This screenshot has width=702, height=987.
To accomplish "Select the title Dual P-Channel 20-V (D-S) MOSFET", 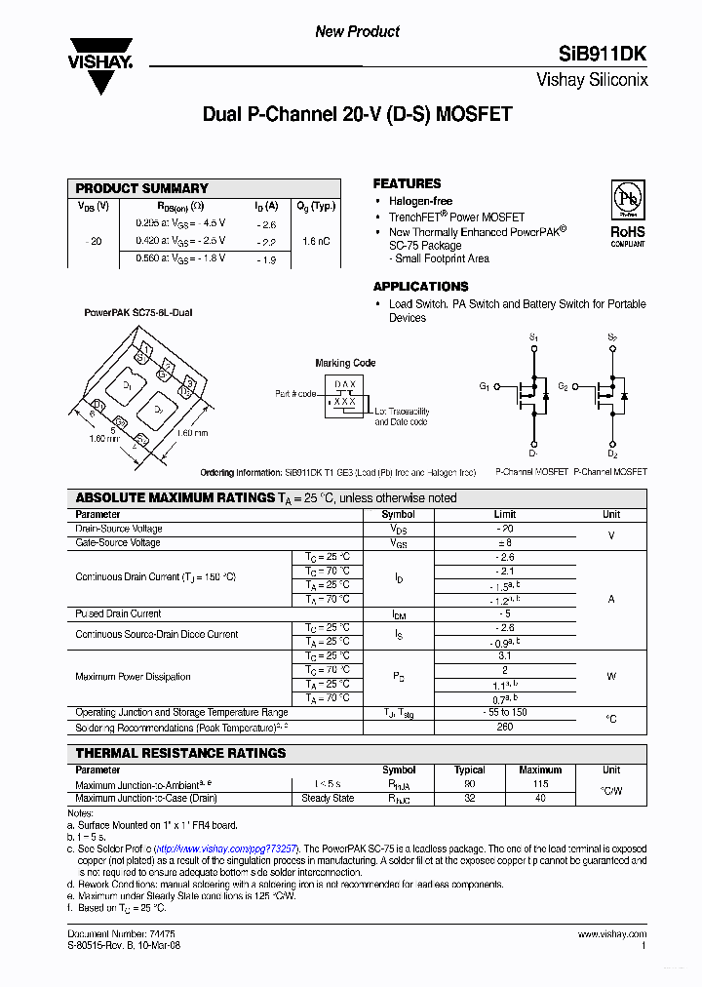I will [x=357, y=114].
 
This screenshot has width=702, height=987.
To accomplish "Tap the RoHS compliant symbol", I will [x=627, y=214].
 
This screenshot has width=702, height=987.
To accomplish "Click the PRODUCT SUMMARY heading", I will [x=142, y=188].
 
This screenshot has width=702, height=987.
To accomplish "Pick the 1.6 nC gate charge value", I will [x=315, y=240].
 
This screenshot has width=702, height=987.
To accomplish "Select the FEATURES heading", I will [x=407, y=183].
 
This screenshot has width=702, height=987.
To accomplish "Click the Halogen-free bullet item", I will [x=420, y=201].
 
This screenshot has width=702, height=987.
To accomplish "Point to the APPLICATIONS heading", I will [x=420, y=287].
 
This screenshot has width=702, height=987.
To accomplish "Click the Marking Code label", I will [x=345, y=363].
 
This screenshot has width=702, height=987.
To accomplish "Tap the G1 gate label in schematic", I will [x=485, y=386].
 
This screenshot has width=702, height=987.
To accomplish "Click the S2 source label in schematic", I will [x=612, y=337].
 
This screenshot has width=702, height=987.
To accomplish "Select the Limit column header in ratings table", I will [x=505, y=514].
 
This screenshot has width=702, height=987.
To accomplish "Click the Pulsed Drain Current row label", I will [x=119, y=613].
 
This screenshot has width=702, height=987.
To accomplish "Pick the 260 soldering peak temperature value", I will [x=505, y=727].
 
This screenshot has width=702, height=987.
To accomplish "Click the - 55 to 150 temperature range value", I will [x=505, y=713].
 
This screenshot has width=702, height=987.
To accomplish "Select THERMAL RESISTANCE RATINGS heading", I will [x=181, y=753].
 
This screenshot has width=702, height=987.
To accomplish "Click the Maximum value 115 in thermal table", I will [x=540, y=783].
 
